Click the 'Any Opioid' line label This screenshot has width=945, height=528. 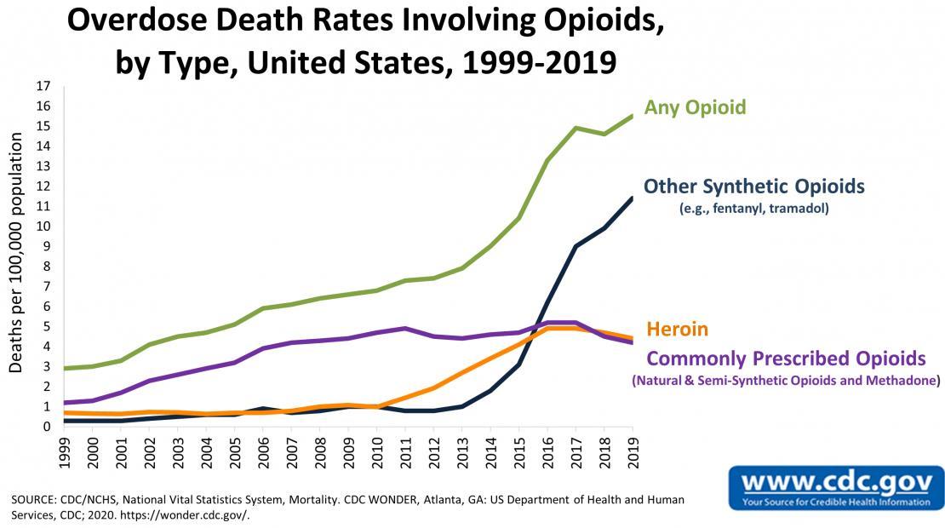click(x=695, y=107)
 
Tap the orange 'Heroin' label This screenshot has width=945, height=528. click(x=677, y=329)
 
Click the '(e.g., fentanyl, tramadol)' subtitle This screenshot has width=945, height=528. click(x=753, y=208)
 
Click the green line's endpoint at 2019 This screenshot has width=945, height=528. click(x=631, y=116)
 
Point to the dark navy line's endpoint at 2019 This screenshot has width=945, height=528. click(x=631, y=198)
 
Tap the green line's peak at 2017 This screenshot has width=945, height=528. click(x=576, y=128)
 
